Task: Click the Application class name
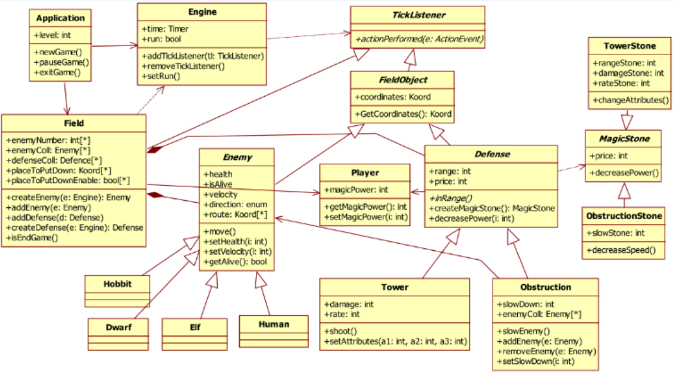coord(60,17)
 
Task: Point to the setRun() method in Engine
coord(160,76)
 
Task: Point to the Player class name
coord(365,173)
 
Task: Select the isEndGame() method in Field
coord(33,238)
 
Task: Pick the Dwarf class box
coord(118,327)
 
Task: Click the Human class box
coord(273,324)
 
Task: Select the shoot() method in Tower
coord(340,330)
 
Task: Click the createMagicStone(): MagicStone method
coord(491,209)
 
